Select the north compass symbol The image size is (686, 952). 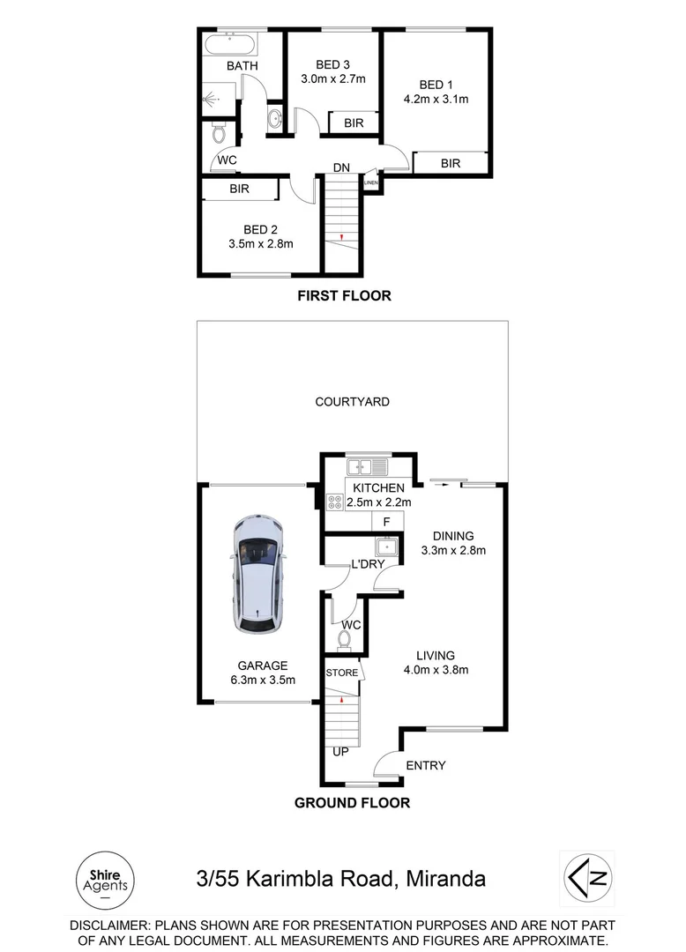588,877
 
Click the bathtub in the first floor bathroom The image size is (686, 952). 230,44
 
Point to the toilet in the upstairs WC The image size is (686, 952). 220,132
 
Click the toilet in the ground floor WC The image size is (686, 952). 347,636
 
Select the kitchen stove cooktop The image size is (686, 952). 335,502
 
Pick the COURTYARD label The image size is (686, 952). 353,402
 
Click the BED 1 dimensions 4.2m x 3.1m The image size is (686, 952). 436,100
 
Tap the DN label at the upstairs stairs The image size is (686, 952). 342,167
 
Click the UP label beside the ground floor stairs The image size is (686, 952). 340,752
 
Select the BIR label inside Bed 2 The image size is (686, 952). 239,189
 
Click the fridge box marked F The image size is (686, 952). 386,522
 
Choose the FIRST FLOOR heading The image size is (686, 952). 344,296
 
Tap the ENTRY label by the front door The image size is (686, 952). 425,765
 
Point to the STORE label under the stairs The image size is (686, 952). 342,673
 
